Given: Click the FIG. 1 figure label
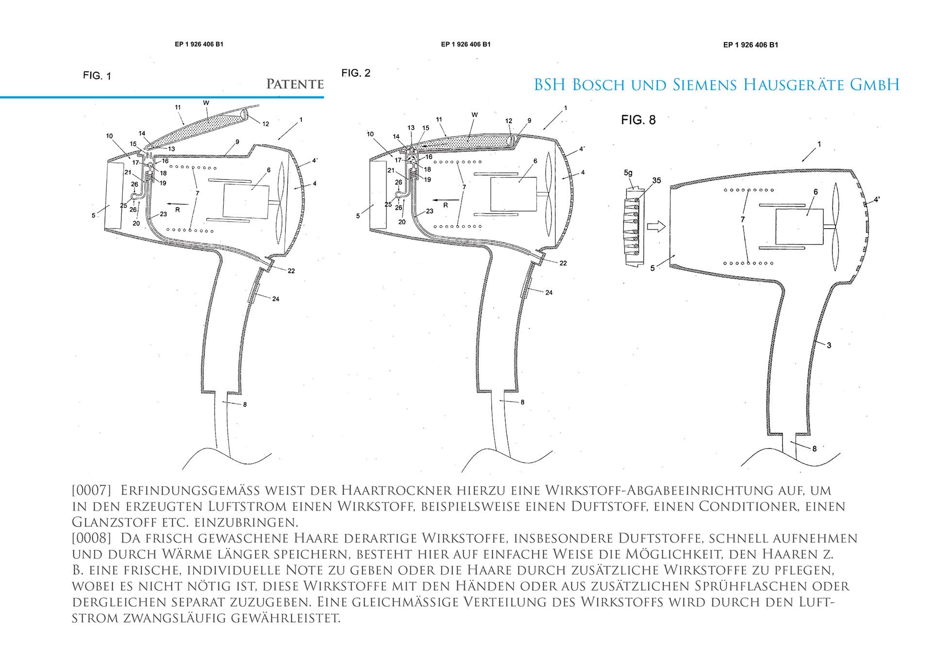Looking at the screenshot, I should pos(97,76).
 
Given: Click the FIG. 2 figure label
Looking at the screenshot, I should pos(356,73).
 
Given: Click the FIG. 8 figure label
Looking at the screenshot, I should pos(638,120).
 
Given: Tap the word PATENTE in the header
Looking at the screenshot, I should pos(295,84).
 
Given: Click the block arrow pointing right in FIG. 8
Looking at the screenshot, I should pos(655,226).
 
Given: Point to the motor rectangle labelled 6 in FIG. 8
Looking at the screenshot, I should pos(799,227).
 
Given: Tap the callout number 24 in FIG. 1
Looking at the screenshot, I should pos(276,299).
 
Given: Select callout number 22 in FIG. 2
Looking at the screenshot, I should pos(563,263).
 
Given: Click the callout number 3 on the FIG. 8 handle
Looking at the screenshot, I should pos(829,345).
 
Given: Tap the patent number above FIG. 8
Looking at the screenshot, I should pos(750,45).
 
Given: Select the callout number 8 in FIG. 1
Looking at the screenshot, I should pos(245,404).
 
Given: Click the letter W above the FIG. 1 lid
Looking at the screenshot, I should pos(206,103).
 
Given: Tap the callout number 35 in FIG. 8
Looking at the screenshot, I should pos(656,181).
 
